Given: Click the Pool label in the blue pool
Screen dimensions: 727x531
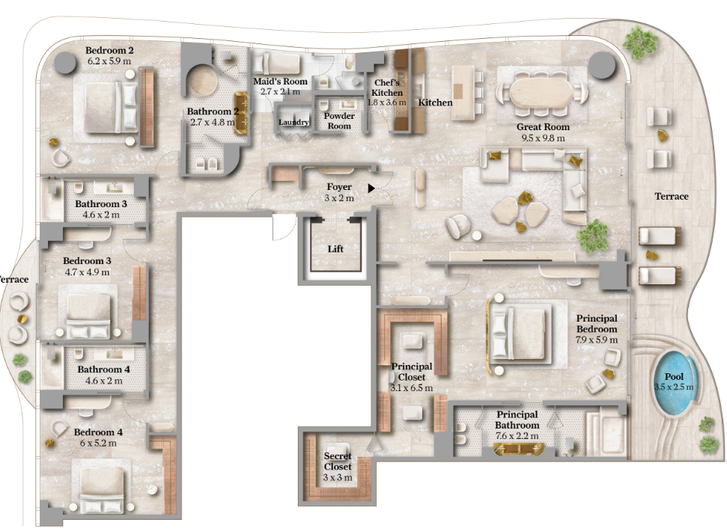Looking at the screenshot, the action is (674, 377).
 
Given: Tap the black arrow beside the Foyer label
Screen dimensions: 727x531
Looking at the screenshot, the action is (371, 188).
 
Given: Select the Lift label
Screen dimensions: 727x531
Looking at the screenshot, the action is (335, 248).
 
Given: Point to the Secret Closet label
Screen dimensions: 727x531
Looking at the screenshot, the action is (338, 461).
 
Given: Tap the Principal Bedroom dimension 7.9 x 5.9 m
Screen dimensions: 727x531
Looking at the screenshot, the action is (596, 340).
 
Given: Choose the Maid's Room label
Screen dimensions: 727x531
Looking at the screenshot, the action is (280, 82).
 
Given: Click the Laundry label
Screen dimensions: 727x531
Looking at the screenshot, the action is (293, 122).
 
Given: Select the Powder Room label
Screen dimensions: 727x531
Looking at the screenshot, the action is (339, 121).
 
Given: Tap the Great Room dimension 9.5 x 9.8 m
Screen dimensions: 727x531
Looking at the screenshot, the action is (543, 138).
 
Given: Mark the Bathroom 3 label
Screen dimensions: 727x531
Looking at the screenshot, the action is (100, 203).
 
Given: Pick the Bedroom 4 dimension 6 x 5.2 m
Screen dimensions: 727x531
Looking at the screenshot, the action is (98, 443).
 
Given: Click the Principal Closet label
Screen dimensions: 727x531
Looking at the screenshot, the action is (411, 371).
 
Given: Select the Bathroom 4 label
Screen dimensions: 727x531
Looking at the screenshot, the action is (103, 369).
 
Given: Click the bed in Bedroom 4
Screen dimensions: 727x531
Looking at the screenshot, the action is (102, 489).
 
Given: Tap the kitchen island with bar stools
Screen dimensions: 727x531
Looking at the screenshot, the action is (463, 93).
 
